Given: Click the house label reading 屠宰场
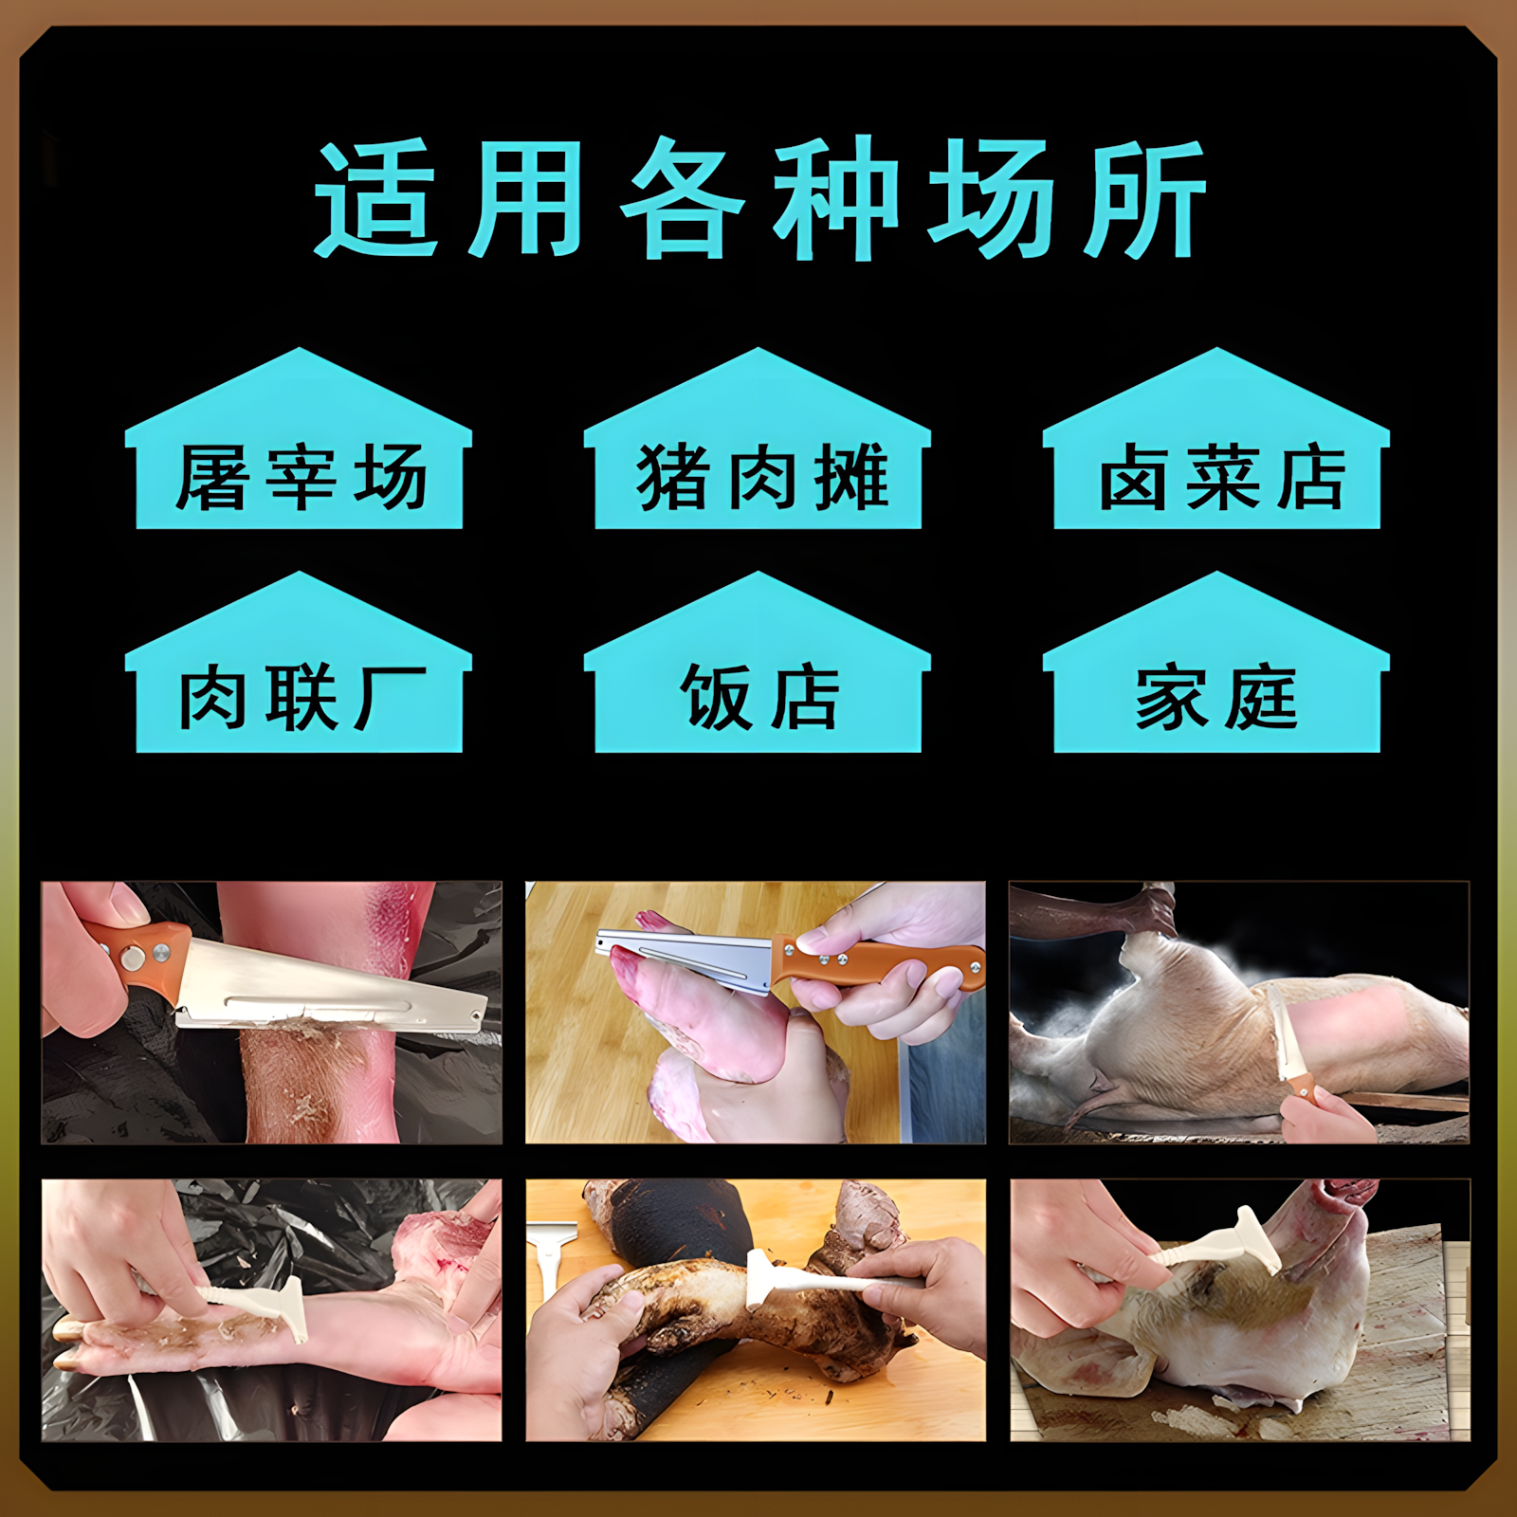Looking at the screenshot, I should tap(300, 477).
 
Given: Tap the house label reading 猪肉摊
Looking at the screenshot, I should tap(758, 477).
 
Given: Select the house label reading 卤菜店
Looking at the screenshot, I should tap(1217, 477).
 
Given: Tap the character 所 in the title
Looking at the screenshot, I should tap(1144, 199).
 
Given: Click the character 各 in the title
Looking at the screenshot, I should tap(683, 199).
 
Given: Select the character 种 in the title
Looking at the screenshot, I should tap(835, 199).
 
